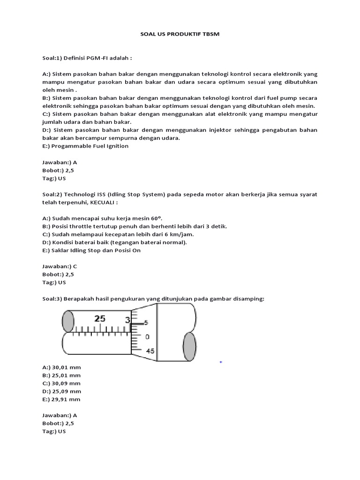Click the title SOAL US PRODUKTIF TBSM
180,35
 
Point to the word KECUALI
115,202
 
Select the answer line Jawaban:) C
60,266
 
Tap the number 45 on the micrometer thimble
150,351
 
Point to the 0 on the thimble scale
147,337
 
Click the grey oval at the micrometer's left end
68,322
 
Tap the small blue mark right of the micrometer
221,362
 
